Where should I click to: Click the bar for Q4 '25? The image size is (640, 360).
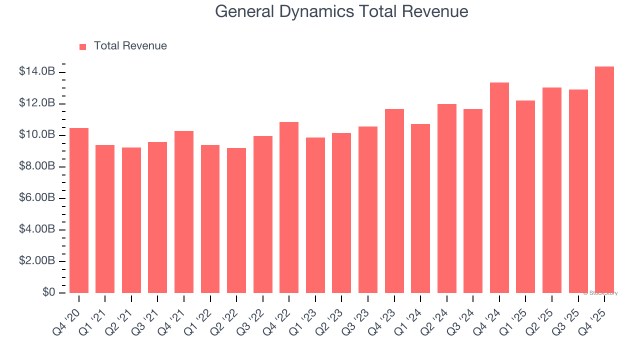[604, 180]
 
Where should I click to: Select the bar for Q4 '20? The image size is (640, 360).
[79, 210]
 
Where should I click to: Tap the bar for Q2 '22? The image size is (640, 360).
[236, 220]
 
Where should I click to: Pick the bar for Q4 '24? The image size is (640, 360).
[499, 188]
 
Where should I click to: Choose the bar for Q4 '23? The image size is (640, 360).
[394, 201]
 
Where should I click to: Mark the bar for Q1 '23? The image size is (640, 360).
[315, 215]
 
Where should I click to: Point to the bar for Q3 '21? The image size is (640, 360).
[157, 217]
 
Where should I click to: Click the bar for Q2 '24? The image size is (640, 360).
[446, 198]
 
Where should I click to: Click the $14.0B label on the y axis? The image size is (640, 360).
[37, 71]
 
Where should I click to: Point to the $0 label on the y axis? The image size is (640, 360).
[48, 292]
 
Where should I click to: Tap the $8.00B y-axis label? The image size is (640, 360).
[37, 166]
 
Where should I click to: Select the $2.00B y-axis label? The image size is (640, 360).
[37, 260]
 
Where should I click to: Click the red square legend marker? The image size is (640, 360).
[83, 46]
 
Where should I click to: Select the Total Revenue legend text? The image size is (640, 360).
[130, 46]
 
